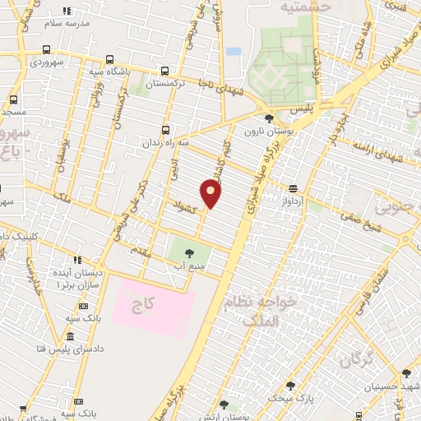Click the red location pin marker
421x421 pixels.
(x=212, y=194)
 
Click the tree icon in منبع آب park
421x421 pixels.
(x=190, y=253)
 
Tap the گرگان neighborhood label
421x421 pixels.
(x=355, y=359)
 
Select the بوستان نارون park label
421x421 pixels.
(x=264, y=131)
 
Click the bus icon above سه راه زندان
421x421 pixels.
(x=166, y=130)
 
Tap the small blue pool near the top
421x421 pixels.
(x=234, y=51)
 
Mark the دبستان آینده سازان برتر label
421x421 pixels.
(x=78, y=277)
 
